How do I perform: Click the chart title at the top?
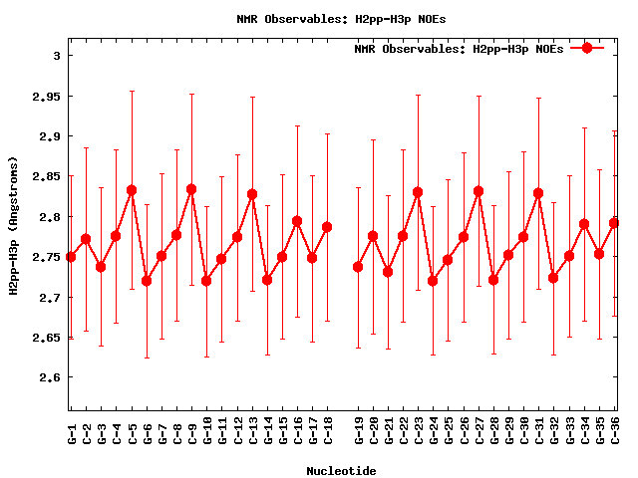tap(319, 18)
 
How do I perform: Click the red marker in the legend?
tap(587, 48)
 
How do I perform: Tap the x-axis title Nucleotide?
tap(341, 470)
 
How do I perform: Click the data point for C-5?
tap(132, 190)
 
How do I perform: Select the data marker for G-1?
tap(71, 257)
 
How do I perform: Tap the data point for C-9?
tap(191, 189)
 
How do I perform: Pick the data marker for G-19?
tap(358, 267)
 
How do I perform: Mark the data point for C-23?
tap(418, 192)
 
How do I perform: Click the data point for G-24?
tap(433, 281)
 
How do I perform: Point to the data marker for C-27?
tap(478, 191)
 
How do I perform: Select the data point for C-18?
tap(327, 227)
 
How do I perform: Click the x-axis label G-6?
tap(147, 433)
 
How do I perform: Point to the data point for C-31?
tap(538, 193)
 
